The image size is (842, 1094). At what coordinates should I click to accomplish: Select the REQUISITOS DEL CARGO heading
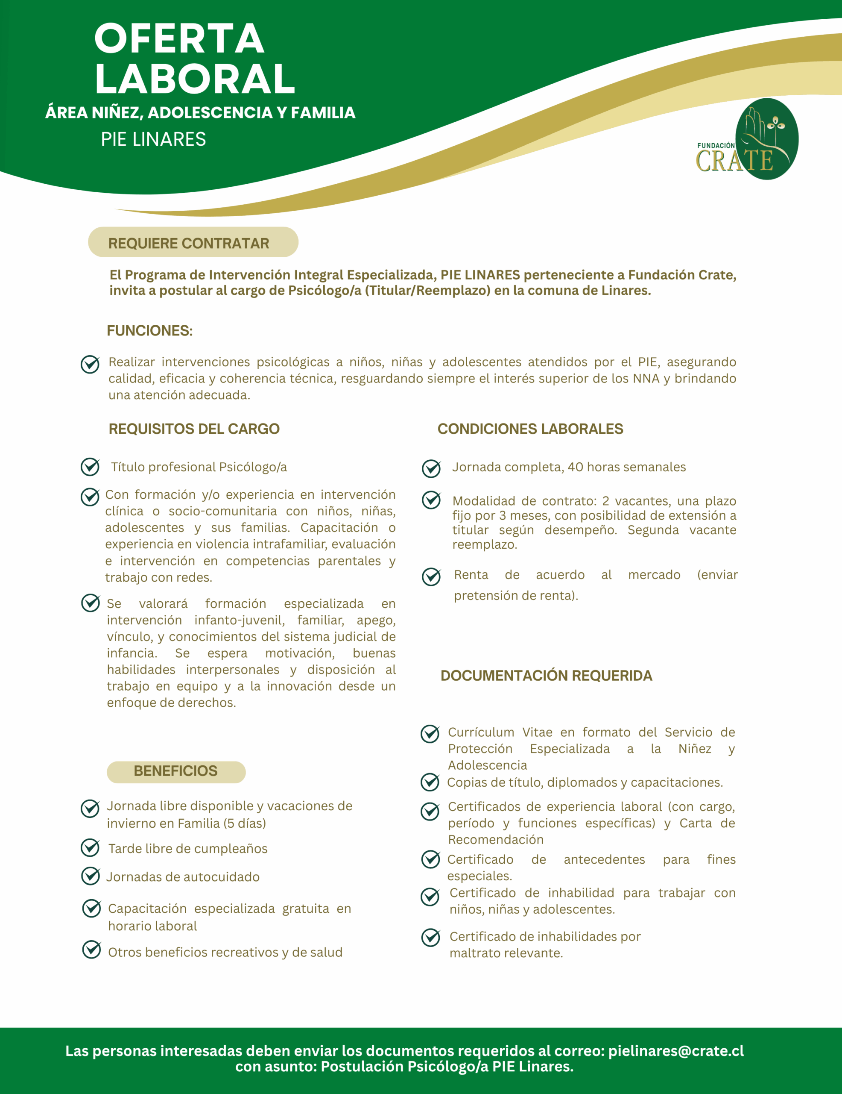click(194, 429)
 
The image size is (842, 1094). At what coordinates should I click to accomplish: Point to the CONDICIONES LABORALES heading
click(530, 429)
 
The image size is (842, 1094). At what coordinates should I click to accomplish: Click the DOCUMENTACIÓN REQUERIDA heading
click(546, 675)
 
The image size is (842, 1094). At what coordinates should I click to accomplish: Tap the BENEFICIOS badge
click(176, 771)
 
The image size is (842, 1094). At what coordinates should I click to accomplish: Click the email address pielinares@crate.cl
click(676, 1050)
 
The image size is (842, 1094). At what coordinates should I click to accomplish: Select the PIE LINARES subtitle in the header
click(153, 139)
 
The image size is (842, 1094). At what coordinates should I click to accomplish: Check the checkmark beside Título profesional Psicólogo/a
click(90, 467)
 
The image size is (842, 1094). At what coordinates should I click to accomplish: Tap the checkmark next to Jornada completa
click(431, 468)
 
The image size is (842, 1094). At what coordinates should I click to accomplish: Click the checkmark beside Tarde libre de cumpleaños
click(90, 847)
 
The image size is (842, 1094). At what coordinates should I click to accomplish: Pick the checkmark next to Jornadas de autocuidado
click(90, 876)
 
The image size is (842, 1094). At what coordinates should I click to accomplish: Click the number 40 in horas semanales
click(575, 467)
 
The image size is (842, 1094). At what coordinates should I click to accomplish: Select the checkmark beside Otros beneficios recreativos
click(92, 949)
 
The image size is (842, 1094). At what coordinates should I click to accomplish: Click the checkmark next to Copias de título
click(430, 782)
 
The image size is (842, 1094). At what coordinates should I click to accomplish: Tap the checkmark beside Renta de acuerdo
click(431, 576)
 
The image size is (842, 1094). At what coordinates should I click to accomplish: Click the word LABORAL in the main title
click(195, 79)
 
